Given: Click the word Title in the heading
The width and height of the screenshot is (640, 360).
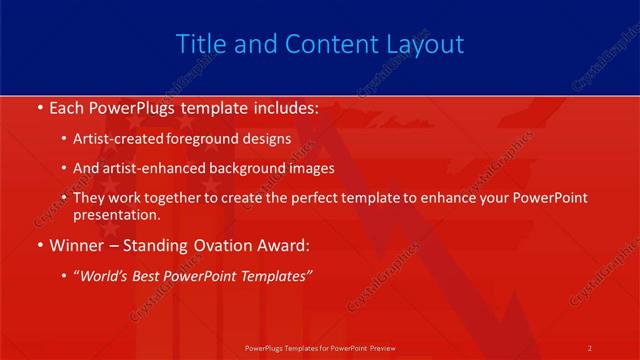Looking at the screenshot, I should (200, 45).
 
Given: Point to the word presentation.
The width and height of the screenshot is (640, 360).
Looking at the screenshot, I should (116, 215).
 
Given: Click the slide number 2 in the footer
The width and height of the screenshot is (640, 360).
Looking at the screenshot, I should (590, 347).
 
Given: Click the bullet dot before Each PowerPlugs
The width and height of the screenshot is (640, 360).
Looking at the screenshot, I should (38, 107).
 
